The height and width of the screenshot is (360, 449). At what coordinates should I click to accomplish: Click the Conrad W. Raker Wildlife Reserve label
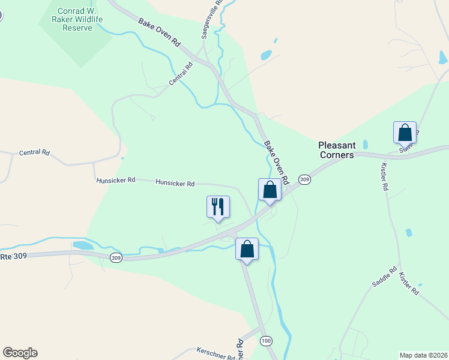[x=80, y=19]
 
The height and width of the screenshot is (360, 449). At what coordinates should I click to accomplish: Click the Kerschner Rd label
[x=216, y=354]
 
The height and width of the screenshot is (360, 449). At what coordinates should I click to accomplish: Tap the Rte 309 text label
[x=13, y=256]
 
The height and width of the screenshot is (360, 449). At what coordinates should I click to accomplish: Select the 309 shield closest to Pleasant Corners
[x=305, y=180]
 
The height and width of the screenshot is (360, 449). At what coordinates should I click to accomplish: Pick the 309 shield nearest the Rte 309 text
[x=116, y=257]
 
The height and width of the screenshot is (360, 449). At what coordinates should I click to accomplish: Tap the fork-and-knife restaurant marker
[x=217, y=206]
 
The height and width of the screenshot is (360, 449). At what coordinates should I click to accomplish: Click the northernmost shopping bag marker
[x=405, y=132]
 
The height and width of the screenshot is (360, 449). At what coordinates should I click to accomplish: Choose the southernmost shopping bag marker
[x=247, y=248]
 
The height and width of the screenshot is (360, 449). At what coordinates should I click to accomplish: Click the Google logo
[x=20, y=353]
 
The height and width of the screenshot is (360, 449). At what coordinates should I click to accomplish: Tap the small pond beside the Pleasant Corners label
[x=366, y=145]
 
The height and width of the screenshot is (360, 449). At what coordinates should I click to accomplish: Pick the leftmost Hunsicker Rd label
[x=116, y=179]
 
